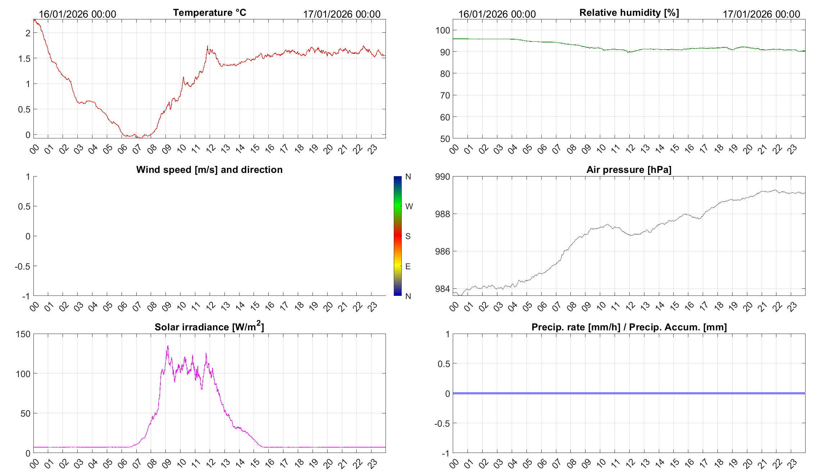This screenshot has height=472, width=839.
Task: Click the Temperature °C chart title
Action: point(209,13)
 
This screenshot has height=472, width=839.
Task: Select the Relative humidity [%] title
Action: point(629,13)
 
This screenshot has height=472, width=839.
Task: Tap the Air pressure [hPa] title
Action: point(629,170)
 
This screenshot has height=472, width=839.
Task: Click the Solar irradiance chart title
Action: point(209,327)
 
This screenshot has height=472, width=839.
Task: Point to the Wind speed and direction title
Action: point(209,170)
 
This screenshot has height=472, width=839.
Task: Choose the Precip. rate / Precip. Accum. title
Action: point(629,327)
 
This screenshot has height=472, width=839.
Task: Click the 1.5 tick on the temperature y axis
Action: point(24,59)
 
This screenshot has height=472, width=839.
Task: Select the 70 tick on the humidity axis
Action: point(445,96)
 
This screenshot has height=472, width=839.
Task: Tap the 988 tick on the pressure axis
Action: point(442,214)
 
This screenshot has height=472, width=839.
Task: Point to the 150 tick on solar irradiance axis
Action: point(23,334)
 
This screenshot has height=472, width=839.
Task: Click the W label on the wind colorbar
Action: point(409,206)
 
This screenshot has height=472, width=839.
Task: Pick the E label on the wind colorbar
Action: point(408,266)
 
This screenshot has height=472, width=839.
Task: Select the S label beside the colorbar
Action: point(408,236)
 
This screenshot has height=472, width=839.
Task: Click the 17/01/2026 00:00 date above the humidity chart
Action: point(761,14)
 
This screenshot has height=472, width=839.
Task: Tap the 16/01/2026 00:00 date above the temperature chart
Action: point(77,14)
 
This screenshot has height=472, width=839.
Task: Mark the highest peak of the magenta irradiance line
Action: point(168,346)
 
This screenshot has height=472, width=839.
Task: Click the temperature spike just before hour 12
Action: point(208,46)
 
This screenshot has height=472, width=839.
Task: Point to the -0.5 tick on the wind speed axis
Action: point(22,266)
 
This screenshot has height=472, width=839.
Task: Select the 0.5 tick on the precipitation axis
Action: point(443,364)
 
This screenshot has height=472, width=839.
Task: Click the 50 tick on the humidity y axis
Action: point(445,139)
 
